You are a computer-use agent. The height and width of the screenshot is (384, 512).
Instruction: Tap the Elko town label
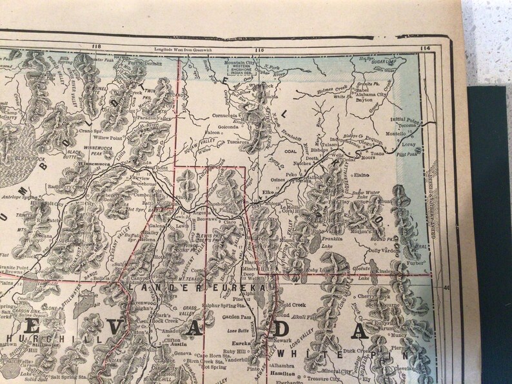(269, 192)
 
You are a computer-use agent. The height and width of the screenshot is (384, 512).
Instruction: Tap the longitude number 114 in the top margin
(424, 48)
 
